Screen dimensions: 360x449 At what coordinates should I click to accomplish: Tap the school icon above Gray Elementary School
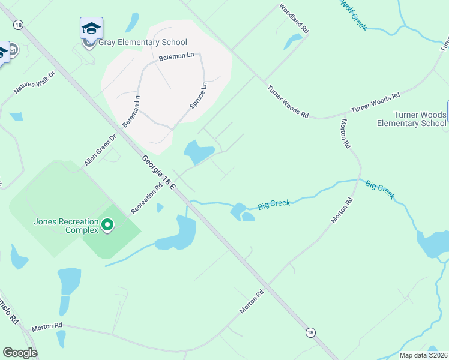point(91,28)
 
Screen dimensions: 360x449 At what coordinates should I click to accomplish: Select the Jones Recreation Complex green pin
point(107,225)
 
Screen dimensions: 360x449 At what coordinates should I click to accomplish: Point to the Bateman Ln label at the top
point(177,57)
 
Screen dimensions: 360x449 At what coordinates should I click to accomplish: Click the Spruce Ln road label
point(198,95)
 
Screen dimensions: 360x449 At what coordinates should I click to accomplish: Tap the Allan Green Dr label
point(100,151)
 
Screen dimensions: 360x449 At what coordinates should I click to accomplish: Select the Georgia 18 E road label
point(158,173)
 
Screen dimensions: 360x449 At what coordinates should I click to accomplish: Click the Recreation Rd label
point(147,199)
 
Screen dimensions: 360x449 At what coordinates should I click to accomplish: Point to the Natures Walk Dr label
point(34,83)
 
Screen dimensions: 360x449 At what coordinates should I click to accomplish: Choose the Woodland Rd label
point(294,19)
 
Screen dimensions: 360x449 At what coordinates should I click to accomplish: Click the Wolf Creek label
point(354,13)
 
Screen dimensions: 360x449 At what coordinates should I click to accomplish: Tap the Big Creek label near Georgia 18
point(274,204)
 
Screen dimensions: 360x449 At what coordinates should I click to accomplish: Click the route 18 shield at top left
point(19,25)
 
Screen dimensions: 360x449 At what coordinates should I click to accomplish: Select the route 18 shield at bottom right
point(310,332)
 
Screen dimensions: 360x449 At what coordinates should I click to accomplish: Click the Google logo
point(20,353)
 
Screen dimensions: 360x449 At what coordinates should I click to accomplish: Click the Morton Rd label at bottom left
point(47,326)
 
